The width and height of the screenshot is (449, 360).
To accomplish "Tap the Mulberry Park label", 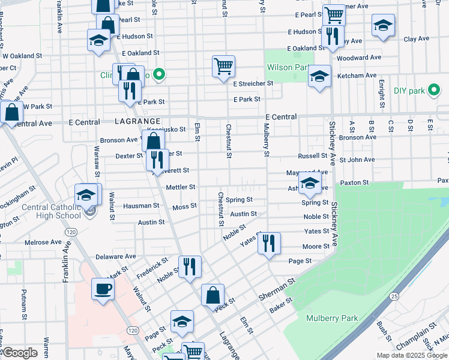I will click(x=331, y=318).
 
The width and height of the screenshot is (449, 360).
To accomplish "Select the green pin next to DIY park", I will click(x=433, y=91).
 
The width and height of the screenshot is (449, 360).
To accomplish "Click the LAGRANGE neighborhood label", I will click(x=137, y=121).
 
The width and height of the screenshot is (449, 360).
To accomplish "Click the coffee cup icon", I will click(x=103, y=289).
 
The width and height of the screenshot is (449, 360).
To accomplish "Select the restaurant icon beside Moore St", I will click(x=268, y=243).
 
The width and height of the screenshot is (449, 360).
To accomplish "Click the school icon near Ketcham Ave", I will click(x=319, y=76).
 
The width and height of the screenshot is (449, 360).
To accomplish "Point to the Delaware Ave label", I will click(x=116, y=256).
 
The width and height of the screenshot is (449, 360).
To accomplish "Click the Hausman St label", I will click(x=141, y=205).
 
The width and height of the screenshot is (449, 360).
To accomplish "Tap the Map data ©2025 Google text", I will click(x=411, y=355).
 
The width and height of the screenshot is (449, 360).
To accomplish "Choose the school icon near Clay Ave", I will click(x=383, y=26).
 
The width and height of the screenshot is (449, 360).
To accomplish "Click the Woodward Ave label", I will click(x=359, y=58).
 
